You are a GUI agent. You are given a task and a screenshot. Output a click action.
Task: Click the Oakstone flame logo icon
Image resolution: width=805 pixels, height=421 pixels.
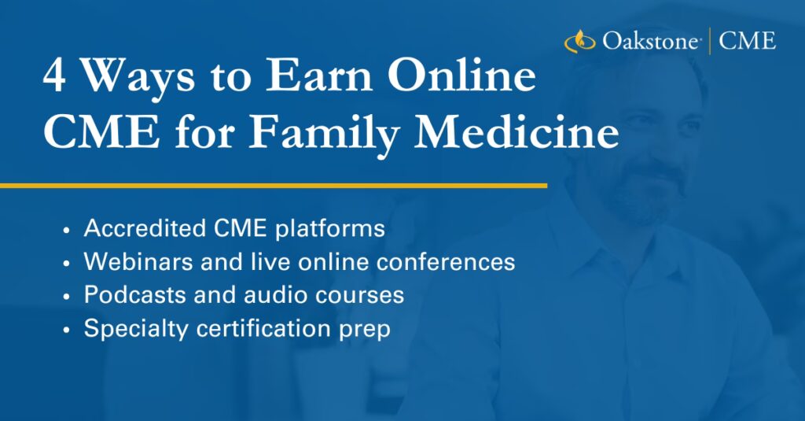(x=579, y=41)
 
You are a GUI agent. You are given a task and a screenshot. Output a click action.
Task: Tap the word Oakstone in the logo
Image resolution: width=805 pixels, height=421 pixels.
(x=650, y=41)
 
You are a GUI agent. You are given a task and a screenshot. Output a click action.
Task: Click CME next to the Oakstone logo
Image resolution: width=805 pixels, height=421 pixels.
(x=747, y=41)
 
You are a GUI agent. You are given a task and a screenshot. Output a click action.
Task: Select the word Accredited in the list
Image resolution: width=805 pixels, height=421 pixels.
(x=145, y=227)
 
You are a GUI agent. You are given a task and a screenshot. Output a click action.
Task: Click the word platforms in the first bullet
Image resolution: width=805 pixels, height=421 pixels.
(x=329, y=229)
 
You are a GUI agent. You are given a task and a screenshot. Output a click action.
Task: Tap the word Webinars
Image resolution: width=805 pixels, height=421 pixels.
(x=138, y=261)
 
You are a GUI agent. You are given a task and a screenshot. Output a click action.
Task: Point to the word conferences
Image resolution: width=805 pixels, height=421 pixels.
(x=446, y=261)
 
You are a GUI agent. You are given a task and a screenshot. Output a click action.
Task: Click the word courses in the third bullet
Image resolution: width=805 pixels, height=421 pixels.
(x=358, y=296)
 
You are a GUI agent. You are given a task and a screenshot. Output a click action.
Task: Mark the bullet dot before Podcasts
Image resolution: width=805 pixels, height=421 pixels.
(x=66, y=297)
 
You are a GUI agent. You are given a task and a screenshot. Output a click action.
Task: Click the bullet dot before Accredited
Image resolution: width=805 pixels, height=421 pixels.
(x=66, y=230)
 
